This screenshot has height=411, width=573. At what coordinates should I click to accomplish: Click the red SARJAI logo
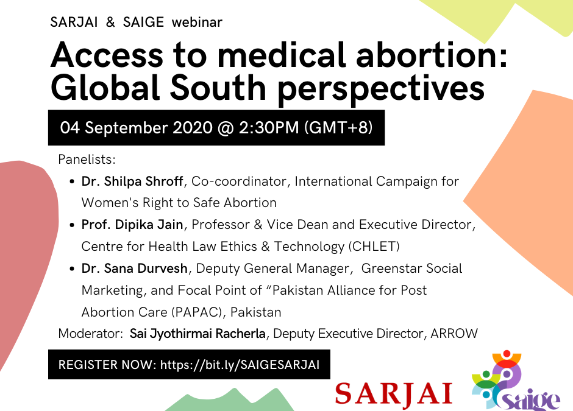coord(394,393)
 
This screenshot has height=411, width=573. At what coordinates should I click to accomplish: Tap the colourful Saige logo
coord(516,381)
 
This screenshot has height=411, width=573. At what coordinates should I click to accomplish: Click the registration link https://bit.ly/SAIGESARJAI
coord(240,365)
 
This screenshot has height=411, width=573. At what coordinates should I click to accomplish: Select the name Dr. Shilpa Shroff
coord(132,181)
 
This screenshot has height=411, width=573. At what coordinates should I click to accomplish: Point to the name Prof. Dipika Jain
coord(132,225)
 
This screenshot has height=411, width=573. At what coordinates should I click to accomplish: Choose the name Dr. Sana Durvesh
coord(135,269)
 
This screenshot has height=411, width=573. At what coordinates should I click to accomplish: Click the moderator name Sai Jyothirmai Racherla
coord(198,334)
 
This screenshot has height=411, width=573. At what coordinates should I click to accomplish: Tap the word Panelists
coord(87,160)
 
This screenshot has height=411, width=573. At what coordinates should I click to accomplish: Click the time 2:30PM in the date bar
coord(269,128)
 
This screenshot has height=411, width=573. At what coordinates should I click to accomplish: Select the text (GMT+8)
coord(339,128)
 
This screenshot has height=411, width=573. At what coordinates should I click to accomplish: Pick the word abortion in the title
coord(432,55)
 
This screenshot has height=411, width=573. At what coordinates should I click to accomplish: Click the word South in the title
coord(218,88)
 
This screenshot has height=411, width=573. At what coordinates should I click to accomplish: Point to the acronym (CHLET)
coord(374,247)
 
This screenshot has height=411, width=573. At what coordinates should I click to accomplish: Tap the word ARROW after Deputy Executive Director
coord(454,334)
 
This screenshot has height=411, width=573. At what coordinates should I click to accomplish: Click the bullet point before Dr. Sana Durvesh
coord(72,269)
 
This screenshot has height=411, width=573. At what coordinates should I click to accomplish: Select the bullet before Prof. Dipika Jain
coord(72,225)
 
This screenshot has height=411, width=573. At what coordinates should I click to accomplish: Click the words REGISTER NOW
coord(107,365)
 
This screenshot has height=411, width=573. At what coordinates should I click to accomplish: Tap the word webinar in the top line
coord(197,23)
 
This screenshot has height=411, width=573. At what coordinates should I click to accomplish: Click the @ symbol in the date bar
coord(226,128)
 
